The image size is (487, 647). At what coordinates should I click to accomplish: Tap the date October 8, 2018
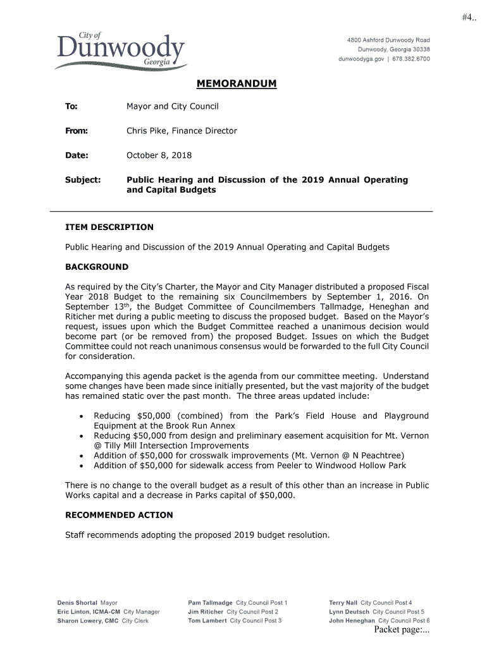[x=159, y=155]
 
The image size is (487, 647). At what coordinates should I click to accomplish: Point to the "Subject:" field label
[x=83, y=180]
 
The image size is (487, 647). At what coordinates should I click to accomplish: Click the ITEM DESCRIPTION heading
[x=109, y=227]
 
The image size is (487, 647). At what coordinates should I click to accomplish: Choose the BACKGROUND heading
[x=97, y=267]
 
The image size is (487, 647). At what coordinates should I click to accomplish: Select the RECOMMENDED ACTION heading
[x=119, y=515]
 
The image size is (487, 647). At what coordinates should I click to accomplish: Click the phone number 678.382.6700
[x=410, y=59]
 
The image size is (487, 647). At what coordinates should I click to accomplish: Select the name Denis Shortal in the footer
[x=77, y=603]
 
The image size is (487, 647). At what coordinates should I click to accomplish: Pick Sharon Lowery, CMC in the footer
[x=88, y=620]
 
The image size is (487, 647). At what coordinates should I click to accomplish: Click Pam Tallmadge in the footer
[x=210, y=603]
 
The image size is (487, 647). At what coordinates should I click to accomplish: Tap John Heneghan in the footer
[x=352, y=620]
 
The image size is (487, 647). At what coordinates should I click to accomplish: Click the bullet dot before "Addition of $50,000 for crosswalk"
[x=82, y=456]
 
